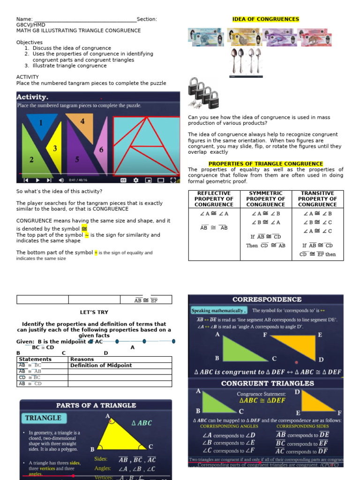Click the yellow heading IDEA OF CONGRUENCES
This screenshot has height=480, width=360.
coord(265,19)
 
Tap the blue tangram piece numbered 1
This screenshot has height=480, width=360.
coord(42,124)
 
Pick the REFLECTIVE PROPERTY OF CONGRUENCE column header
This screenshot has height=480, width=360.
coord(214,199)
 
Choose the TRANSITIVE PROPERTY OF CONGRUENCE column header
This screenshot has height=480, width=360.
coord(317,199)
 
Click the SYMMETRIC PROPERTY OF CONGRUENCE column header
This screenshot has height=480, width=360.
coord(265,199)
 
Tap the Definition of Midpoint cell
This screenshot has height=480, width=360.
coord(101,365)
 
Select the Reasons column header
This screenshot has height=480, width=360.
coord(82,359)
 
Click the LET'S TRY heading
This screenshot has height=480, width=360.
coord(94,312)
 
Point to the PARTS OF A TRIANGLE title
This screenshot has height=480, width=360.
coord(96,405)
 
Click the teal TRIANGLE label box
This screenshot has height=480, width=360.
coord(43,418)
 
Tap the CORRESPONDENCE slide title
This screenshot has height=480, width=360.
coord(267,299)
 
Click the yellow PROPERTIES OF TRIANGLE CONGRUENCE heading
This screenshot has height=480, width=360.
coord(266,164)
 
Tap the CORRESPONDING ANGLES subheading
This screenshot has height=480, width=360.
coord(222,426)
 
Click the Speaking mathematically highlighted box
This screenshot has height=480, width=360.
coord(219,310)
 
